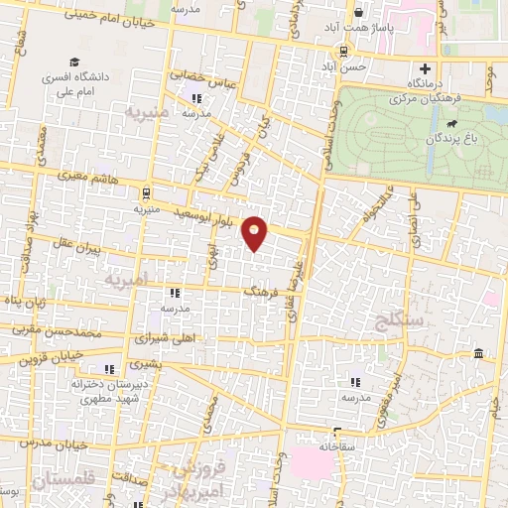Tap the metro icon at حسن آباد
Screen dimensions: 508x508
coord(343,52)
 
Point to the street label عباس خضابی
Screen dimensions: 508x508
coord(202,78)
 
